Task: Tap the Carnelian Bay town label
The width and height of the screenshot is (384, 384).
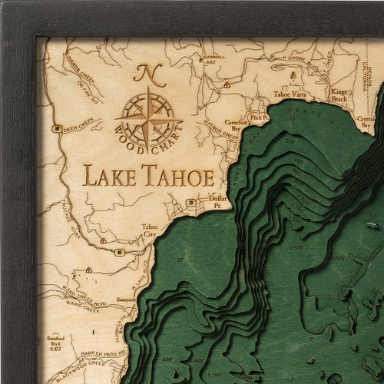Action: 233,122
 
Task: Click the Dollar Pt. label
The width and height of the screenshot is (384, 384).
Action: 216,204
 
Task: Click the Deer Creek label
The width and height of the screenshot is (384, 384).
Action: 78,129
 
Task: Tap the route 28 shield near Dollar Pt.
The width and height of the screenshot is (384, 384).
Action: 189,203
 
